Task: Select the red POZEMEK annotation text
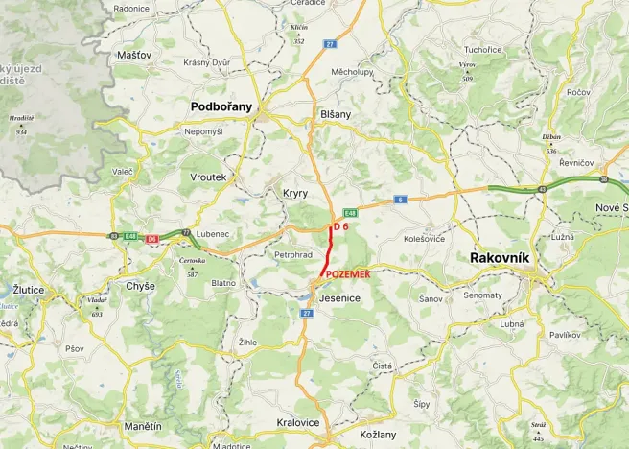click(x=348, y=274)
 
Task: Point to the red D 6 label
click(x=341, y=226)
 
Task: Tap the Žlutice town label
click(x=29, y=289)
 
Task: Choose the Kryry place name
click(x=295, y=193)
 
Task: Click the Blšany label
click(x=335, y=113)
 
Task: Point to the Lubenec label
click(x=211, y=233)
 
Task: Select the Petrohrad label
click(x=293, y=255)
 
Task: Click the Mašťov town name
click(x=134, y=56)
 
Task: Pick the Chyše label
click(x=141, y=287)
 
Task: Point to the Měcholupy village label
click(x=352, y=72)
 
